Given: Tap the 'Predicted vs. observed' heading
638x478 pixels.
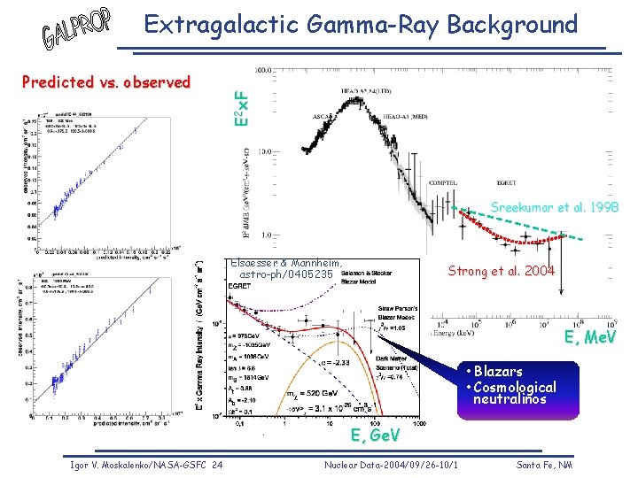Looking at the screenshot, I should pyautogui.click(x=105, y=82).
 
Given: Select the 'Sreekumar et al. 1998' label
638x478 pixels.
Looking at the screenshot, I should pyautogui.click(x=554, y=207).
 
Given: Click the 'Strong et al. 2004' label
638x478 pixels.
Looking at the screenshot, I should pyautogui.click(x=502, y=271).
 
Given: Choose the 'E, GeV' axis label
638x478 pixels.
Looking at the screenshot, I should pyautogui.click(x=376, y=436).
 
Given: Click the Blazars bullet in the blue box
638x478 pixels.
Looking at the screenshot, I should pyautogui.click(x=497, y=372).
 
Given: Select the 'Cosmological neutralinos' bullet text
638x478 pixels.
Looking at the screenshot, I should pyautogui.click(x=514, y=393).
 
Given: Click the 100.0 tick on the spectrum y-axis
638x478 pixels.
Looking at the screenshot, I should pyautogui.click(x=263, y=69).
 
